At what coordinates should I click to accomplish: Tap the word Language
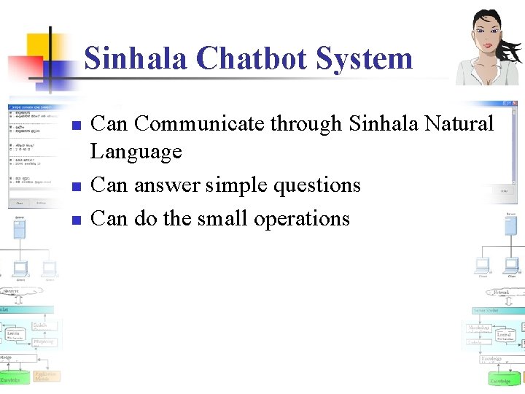(136, 152)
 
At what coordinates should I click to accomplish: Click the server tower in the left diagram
(19, 228)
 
